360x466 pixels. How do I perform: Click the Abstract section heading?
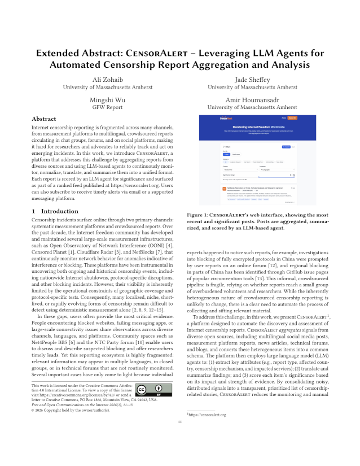(x=43, y=119)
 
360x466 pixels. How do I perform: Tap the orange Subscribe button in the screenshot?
(x=292, y=117)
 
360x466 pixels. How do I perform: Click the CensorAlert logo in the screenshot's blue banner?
(x=226, y=117)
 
